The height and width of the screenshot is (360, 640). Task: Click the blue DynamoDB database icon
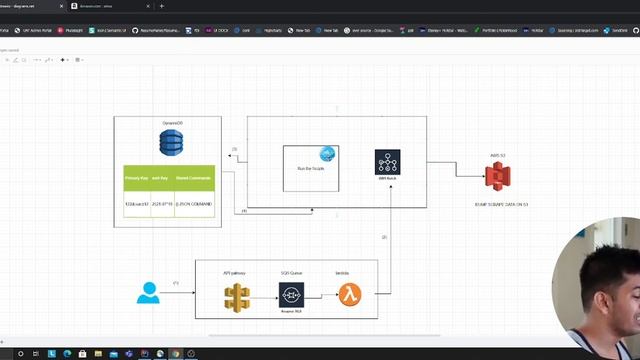pyautogui.click(x=169, y=143)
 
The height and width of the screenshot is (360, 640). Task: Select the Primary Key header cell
pyautogui.click(x=136, y=178)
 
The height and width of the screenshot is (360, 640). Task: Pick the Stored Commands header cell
pyautogui.click(x=193, y=178)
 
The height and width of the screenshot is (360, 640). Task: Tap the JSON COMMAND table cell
pyautogui.click(x=193, y=203)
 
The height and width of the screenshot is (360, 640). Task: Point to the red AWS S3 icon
pyautogui.click(x=497, y=177)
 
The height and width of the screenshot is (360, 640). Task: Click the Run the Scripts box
pyautogui.click(x=310, y=167)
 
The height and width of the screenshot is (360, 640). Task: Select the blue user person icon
pyautogui.click(x=149, y=293)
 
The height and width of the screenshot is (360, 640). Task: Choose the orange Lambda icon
pyautogui.click(x=348, y=295)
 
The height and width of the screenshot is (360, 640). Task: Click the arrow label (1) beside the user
pyautogui.click(x=176, y=284)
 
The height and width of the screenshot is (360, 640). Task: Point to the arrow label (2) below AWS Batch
pyautogui.click(x=383, y=237)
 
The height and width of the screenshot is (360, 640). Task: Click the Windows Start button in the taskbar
pyautogui.click(x=6, y=353)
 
